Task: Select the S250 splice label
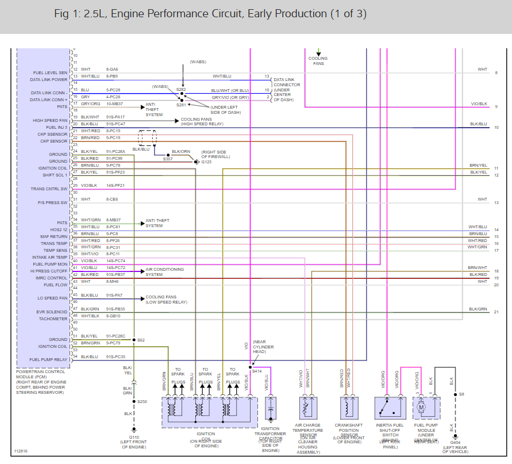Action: click(x=143, y=401)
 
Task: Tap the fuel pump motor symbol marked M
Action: click(x=421, y=407)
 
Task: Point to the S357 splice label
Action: click(x=168, y=159)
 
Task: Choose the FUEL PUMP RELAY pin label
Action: click(x=49, y=360)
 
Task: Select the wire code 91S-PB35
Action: click(x=116, y=309)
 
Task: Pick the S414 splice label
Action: click(x=256, y=371)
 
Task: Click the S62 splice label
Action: click(x=141, y=340)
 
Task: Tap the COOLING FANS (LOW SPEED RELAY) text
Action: click(x=166, y=300)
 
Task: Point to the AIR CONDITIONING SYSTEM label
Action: click(x=165, y=272)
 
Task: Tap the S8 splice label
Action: click(x=461, y=394)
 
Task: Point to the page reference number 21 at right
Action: click(x=496, y=312)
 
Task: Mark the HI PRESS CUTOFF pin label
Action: click(x=49, y=271)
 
